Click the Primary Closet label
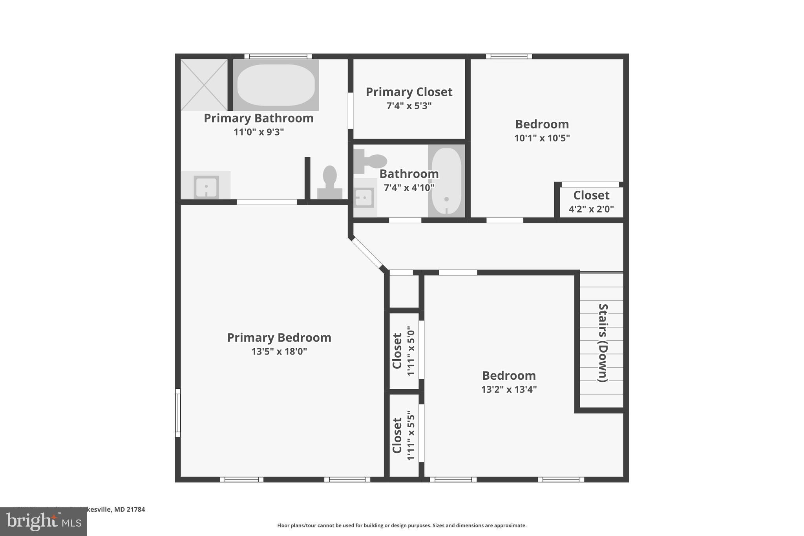tap(409, 92)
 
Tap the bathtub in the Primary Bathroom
tap(276, 85)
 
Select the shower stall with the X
tap(204, 85)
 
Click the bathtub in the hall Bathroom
tap(446, 181)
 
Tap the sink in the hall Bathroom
tap(364, 198)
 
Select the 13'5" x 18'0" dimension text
tap(279, 351)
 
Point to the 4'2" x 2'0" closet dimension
tap(591, 209)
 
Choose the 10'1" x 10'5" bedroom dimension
tap(542, 138)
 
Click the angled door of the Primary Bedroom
tap(367, 252)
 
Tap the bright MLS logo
tap(44, 521)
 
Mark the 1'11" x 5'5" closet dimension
tap(411, 435)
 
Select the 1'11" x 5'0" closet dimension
tap(411, 351)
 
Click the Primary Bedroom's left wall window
tap(178, 413)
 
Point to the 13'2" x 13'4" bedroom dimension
tap(509, 390)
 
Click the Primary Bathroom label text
tap(258, 118)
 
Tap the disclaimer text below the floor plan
tap(402, 525)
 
